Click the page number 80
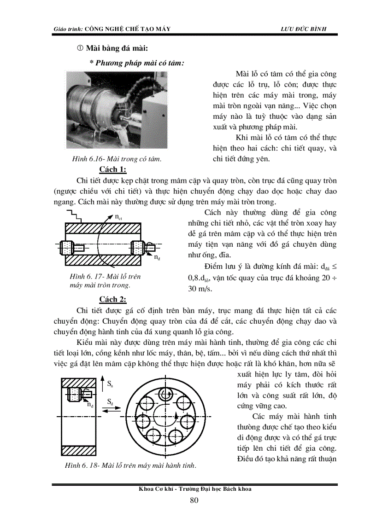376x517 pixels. [194, 501]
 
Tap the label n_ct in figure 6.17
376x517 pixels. [118, 216]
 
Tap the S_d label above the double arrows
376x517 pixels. [111, 402]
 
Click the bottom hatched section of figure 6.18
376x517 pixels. [78, 450]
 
